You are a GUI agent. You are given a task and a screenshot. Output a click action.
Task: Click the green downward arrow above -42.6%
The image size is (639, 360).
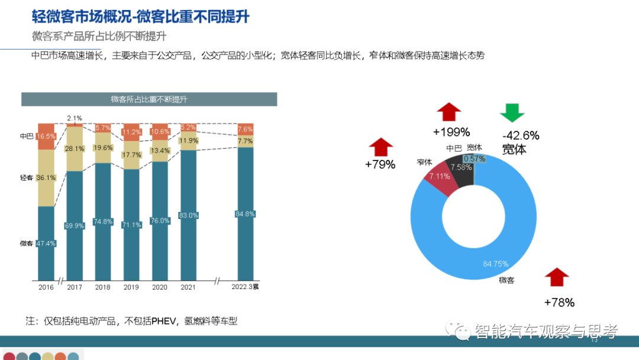(512, 113)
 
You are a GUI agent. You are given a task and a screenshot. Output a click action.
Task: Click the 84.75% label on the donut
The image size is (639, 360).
(496, 263)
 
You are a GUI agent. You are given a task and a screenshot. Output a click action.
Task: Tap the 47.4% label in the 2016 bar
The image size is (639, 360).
(46, 243)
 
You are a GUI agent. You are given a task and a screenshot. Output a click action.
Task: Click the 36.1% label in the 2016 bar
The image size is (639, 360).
(46, 178)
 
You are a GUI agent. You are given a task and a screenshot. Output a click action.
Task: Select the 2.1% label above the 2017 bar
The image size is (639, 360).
(75, 118)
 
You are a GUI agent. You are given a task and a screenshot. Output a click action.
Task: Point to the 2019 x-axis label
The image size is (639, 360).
(131, 287)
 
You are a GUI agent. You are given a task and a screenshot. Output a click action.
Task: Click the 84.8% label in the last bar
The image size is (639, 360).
(245, 214)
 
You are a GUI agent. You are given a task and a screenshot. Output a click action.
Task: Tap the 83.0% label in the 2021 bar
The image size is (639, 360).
(188, 215)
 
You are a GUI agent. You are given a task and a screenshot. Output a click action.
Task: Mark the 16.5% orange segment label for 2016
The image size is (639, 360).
(46, 136)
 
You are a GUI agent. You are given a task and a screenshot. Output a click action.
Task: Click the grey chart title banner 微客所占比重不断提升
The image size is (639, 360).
(149, 99)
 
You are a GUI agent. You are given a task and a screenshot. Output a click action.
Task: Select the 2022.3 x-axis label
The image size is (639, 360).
(245, 287)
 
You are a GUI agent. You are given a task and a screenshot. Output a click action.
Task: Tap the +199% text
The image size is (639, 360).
(451, 131)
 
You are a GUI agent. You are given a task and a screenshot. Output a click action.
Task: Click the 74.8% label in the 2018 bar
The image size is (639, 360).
(103, 221)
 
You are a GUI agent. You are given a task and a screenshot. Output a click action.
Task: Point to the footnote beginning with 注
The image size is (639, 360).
(131, 321)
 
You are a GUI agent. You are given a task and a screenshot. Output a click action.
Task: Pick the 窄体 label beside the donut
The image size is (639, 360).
(424, 162)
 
